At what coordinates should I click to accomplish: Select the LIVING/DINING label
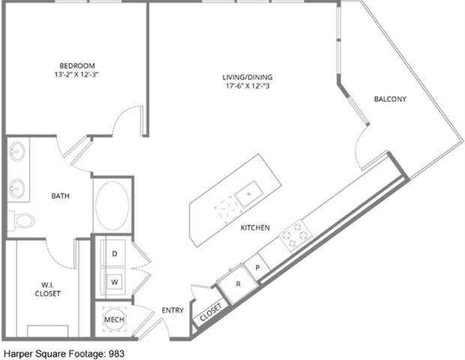[x=247, y=76]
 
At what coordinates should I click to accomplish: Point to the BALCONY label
[x=390, y=99]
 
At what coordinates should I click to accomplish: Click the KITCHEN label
[x=255, y=227]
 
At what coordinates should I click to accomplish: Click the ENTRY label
[x=172, y=310]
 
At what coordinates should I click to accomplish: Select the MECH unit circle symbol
[x=114, y=319]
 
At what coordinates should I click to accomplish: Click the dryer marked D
[x=115, y=255]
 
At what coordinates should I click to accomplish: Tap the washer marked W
[x=115, y=282]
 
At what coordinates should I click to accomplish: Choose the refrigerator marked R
[x=238, y=284]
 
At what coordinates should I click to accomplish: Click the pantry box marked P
[x=257, y=267]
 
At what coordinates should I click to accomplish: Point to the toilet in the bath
[x=23, y=220]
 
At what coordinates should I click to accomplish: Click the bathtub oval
[x=113, y=205]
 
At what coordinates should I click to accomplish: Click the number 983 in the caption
[x=115, y=352]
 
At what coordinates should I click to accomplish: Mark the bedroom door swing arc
[x=127, y=120]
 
